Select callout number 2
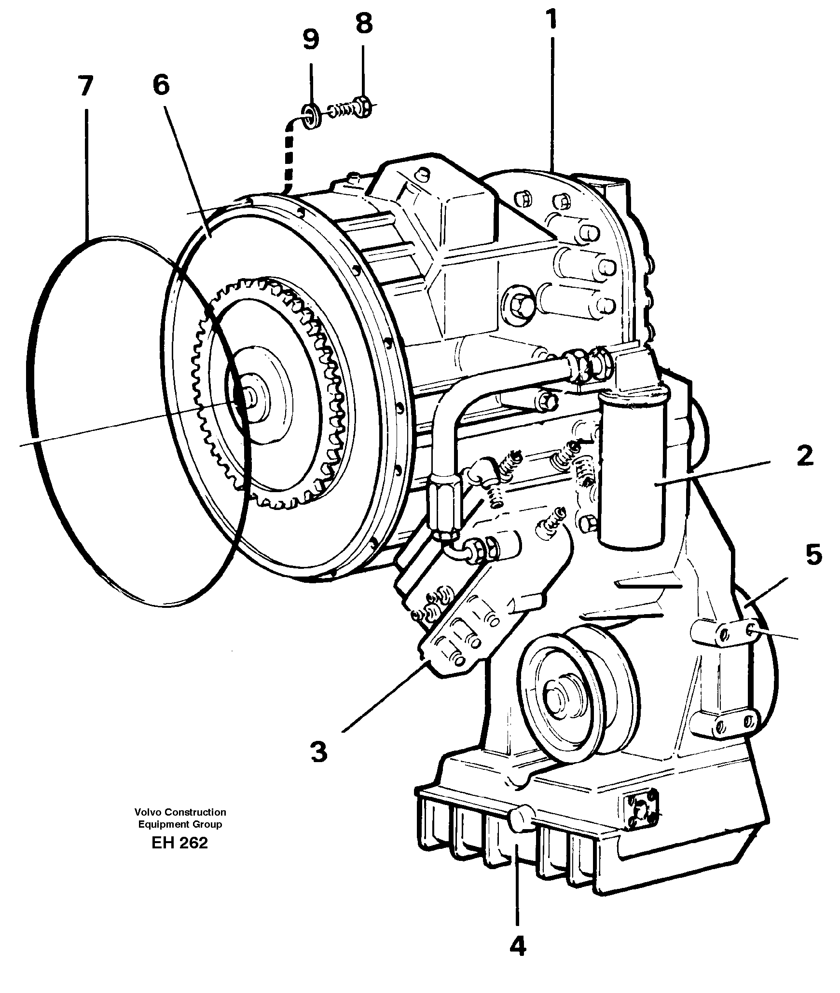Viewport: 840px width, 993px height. point(804,456)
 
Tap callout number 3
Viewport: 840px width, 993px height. point(318,751)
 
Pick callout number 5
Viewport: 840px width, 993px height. point(813,555)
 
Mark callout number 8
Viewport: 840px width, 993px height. point(364,24)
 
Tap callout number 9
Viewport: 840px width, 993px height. point(311,40)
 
